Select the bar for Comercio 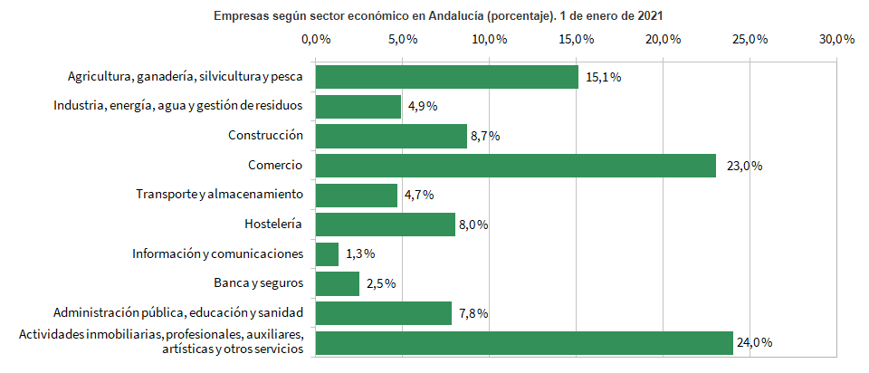pos(515,166)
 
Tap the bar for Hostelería pos(385,225)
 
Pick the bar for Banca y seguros pos(337,283)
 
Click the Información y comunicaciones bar pos(327,254)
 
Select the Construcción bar pos(391,136)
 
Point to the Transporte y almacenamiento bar pos(356,196)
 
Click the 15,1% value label pos(603,77)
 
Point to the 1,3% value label pos(360,254)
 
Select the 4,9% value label pos(423,107)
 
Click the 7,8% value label pos(473,313)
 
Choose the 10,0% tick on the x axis pos(489,40)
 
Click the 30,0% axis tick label pos(837,40)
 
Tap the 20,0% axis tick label pos(664,40)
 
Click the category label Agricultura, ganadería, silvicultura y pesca pos(185,77)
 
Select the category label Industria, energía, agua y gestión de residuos pos(177,107)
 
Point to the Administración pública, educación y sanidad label pos(177,313)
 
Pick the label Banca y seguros pos(258,283)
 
